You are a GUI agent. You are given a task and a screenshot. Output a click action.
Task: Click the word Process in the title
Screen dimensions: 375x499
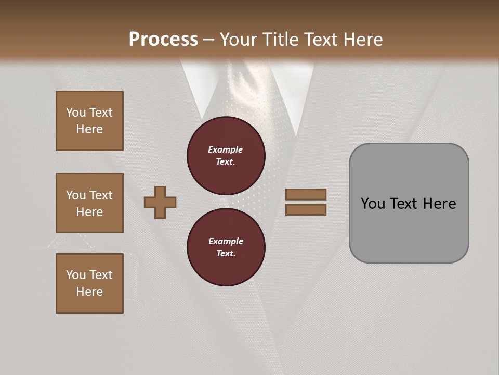point(163,40)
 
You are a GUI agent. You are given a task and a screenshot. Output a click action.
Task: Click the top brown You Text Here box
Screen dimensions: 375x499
point(89,121)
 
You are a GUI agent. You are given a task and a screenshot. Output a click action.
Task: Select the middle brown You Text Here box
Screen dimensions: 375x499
point(89,203)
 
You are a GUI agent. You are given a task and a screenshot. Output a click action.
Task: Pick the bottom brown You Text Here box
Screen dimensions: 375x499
point(89,283)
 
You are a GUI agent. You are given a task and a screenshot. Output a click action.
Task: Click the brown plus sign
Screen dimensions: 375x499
point(160,202)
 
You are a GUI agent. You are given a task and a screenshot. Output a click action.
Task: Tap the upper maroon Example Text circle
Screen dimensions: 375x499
point(226,156)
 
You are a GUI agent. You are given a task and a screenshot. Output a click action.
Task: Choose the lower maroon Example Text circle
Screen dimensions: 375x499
point(226,247)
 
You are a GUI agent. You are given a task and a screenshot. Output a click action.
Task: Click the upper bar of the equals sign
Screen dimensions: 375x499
point(306,194)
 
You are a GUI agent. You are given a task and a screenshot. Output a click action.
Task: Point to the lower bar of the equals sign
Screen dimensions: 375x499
point(306,209)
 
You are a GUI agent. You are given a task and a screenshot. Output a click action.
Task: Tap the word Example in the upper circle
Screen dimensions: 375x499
point(225,149)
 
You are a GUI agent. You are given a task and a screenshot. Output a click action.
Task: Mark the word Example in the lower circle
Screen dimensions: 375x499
point(226,241)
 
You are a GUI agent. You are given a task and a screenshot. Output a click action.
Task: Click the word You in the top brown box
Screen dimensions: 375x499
point(76,113)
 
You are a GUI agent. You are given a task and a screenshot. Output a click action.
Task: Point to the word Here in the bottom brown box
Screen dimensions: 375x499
point(89,292)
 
